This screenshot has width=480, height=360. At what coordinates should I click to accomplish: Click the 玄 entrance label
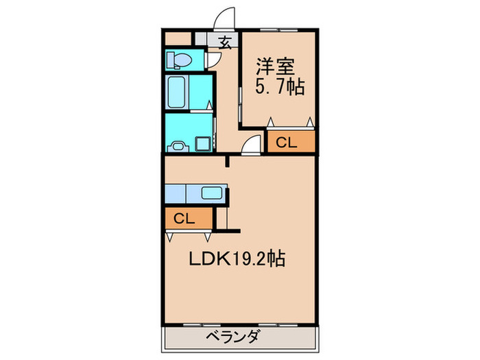pyautogui.click(x=225, y=41)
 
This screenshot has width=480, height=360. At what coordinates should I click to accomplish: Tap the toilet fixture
pyautogui.click(x=178, y=60)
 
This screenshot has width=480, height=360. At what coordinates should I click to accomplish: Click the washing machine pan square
pyautogui.click(x=204, y=143)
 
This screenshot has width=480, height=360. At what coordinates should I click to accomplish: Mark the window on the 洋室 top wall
pyautogui.click(x=278, y=30)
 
